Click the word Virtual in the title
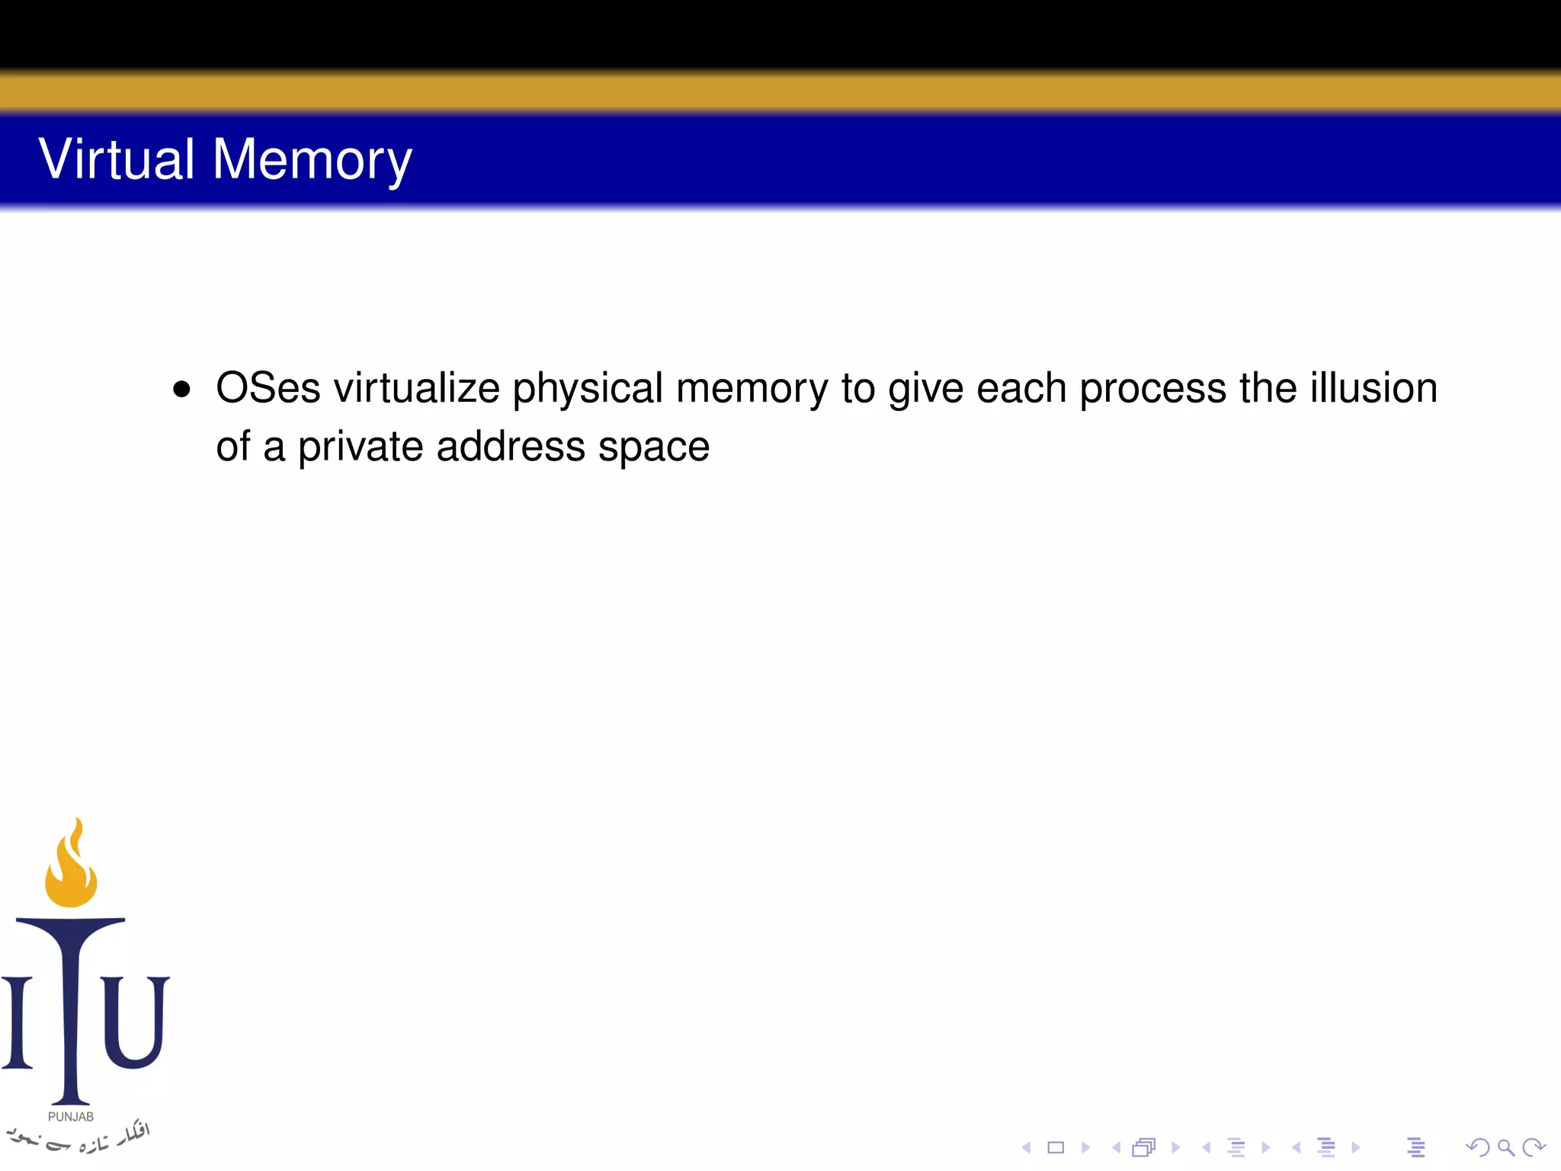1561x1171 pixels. point(117,159)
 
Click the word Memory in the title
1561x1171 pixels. point(312,161)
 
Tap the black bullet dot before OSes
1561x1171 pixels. point(181,390)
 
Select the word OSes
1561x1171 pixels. point(268,388)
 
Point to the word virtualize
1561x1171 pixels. point(416,388)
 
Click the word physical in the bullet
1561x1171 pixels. point(587,390)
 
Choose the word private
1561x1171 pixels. point(360,448)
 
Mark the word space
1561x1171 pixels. point(653,448)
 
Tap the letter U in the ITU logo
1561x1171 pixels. point(135,1022)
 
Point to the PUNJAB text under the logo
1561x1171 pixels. point(71,1116)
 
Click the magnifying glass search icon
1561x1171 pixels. point(1505,1147)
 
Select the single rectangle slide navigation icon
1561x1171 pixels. point(1056,1147)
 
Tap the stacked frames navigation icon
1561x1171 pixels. point(1144,1147)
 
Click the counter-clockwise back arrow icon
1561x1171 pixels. point(1477,1147)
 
